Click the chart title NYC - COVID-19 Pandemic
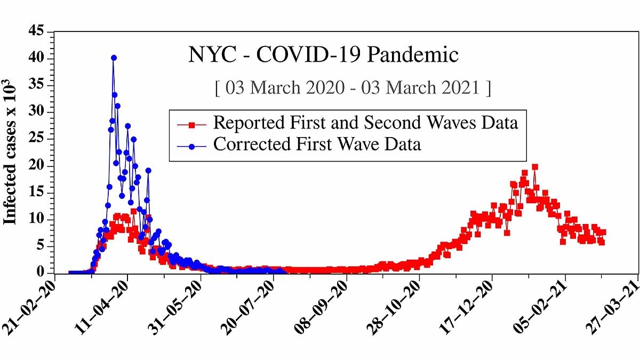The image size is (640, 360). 323,55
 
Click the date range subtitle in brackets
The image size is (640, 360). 353,87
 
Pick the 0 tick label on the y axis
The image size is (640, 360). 42,273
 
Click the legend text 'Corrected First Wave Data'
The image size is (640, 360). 317,144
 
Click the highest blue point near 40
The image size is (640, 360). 114,58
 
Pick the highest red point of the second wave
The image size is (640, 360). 534,167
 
